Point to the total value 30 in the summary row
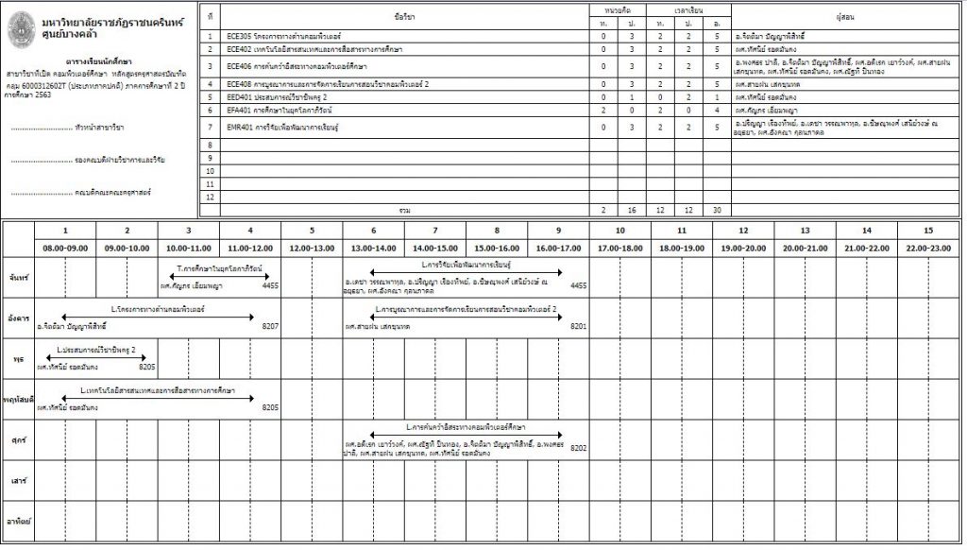click(718, 210)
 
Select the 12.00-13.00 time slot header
click(312, 248)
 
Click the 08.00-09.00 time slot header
click(65, 248)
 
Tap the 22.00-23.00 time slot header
click(928, 248)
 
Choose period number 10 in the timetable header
click(619, 231)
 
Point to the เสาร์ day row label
click(18, 481)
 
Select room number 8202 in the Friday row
click(579, 448)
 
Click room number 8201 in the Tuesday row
click(579, 326)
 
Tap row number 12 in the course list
click(211, 197)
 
